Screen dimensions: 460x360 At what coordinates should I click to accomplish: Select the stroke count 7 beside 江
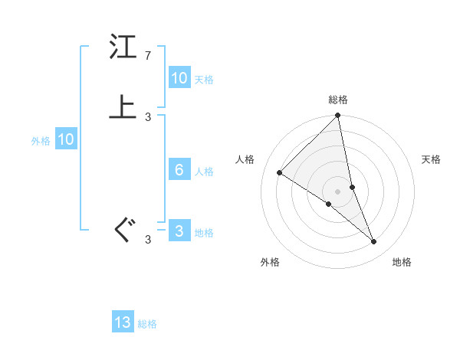click(x=148, y=56)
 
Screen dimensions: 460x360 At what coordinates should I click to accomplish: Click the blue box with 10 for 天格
click(x=179, y=78)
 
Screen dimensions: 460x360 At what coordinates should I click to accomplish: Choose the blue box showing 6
click(x=179, y=170)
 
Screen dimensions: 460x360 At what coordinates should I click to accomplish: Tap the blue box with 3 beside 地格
click(x=179, y=231)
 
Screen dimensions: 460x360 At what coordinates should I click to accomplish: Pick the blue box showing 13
click(x=123, y=322)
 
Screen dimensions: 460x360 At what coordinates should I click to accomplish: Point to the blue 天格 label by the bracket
click(x=204, y=80)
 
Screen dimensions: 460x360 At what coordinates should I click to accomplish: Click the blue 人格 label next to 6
click(x=204, y=172)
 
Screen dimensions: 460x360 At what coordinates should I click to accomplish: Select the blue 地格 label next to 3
click(x=204, y=233)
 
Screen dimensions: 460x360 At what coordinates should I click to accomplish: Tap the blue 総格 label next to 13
click(x=147, y=324)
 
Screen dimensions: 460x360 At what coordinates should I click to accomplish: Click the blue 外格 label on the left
click(x=41, y=141)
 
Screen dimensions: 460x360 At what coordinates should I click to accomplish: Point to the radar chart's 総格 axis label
click(x=338, y=100)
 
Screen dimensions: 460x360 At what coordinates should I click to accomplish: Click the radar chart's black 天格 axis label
click(x=432, y=159)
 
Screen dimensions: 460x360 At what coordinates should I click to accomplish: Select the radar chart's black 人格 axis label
click(x=245, y=159)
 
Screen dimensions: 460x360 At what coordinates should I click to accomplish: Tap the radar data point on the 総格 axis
click(x=338, y=116)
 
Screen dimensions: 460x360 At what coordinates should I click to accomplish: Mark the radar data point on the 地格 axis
click(x=374, y=242)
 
